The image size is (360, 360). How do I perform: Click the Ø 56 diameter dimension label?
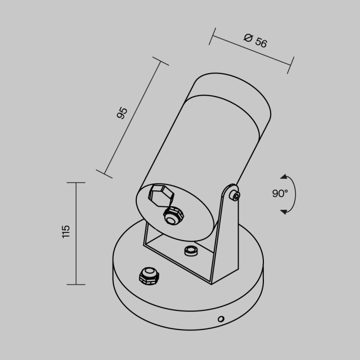coord(255,41)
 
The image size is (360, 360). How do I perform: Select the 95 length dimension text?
coord(122,113)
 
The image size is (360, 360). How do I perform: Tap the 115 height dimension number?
coord(66,231)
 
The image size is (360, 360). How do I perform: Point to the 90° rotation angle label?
coord(280,194)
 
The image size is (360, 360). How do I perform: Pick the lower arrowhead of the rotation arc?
coord(283,211)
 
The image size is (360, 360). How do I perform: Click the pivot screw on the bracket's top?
coord(234,195)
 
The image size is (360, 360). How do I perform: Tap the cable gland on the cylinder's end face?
coord(170,217)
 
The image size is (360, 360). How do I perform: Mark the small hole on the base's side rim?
coord(221,319)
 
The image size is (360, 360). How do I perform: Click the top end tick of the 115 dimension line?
coord(76,183)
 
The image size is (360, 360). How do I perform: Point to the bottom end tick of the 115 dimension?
coord(76,284)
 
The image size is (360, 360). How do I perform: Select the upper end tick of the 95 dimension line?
coord(162,62)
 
